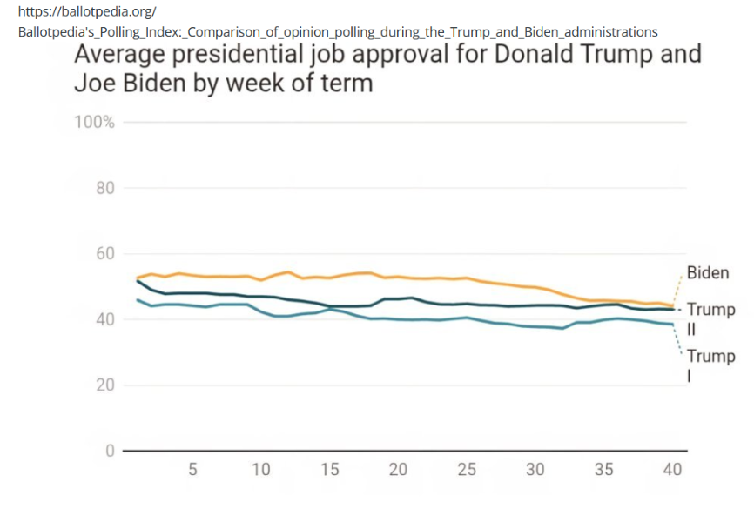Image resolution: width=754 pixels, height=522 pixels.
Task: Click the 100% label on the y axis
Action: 94,122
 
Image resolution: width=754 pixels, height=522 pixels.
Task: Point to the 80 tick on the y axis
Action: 105,188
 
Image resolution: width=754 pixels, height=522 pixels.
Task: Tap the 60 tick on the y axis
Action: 105,254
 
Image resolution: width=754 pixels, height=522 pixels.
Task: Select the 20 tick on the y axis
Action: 105,385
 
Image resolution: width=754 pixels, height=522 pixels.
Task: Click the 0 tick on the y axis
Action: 110,452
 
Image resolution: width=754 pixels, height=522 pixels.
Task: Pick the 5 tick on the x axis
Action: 192,470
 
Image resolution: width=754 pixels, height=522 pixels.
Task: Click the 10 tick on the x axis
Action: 260,470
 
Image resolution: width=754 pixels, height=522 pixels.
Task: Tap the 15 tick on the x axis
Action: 329,470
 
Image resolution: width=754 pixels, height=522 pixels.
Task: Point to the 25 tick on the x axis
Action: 467,470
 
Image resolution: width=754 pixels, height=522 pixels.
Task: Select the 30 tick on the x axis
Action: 535,470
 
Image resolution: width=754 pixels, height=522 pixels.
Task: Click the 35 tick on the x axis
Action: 603,470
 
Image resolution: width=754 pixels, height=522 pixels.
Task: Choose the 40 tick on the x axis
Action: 672,470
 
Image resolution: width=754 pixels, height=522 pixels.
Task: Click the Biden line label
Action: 708,273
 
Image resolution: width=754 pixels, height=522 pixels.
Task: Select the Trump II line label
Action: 710,318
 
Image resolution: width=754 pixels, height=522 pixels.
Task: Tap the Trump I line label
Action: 710,365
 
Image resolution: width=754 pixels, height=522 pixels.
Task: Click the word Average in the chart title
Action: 123,54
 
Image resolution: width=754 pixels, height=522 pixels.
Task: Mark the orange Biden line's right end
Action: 673,306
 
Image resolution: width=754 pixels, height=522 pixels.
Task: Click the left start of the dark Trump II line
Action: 137,280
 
